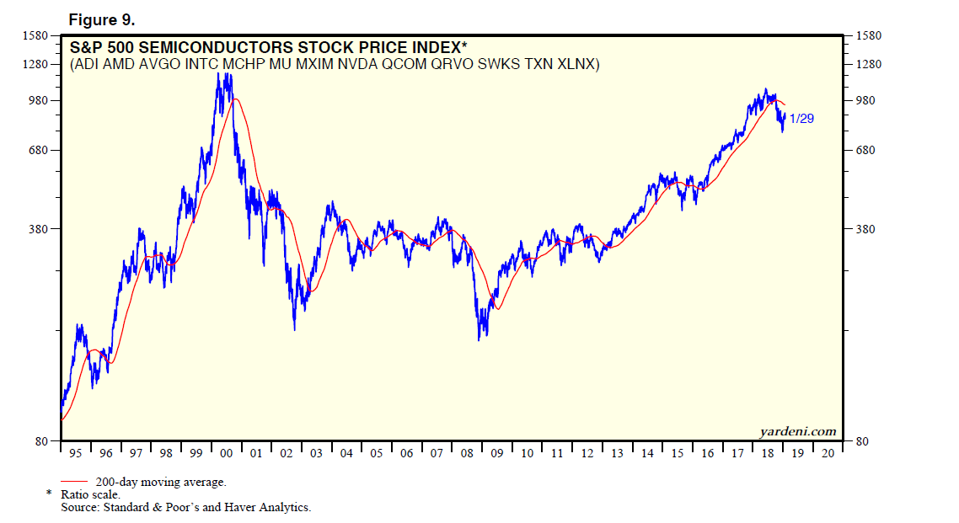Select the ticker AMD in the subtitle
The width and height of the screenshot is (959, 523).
(x=126, y=64)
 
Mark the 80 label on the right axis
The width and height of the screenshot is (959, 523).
(x=861, y=441)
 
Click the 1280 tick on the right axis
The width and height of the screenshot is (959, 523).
(x=868, y=65)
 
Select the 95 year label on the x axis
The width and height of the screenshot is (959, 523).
(x=76, y=453)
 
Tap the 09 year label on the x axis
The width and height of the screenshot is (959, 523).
(x=497, y=453)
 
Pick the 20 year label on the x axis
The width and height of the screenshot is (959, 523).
(x=828, y=453)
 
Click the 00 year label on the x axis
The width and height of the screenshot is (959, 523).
(x=226, y=453)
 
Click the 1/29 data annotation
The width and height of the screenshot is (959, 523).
(x=801, y=119)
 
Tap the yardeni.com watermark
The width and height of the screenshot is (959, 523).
(x=797, y=431)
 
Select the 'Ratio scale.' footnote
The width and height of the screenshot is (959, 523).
(x=89, y=494)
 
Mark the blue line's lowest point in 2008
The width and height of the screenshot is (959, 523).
(x=479, y=339)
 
